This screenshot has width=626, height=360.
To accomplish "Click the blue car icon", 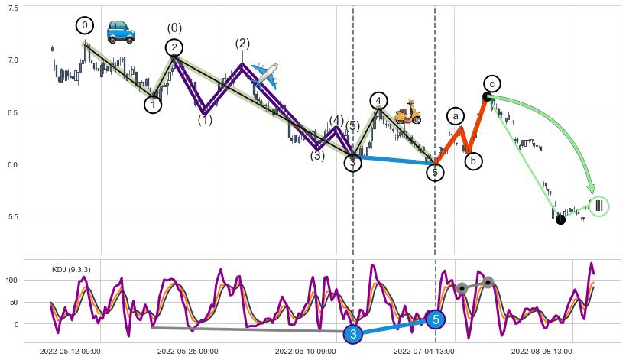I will [x=120, y=31].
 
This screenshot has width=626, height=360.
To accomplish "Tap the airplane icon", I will [x=264, y=74].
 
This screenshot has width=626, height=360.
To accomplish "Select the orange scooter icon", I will [x=407, y=112].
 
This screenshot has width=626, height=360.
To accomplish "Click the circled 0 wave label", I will [x=85, y=25].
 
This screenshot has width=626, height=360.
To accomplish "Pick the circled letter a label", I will [x=456, y=116].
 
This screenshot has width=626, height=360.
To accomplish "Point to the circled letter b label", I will [x=473, y=161].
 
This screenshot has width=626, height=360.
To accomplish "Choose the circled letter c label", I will [x=492, y=83].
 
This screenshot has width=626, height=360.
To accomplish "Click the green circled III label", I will [x=598, y=206].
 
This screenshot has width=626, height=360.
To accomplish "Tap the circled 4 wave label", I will [x=378, y=101].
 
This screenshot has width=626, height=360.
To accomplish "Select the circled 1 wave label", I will [x=153, y=104].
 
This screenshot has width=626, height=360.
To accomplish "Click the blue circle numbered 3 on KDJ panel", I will [x=352, y=334].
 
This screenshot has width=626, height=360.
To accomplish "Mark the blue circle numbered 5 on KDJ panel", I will [x=435, y=319].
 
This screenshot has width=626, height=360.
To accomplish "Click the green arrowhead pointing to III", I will [x=590, y=187].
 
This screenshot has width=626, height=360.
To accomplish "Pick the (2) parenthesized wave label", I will [x=242, y=44].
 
